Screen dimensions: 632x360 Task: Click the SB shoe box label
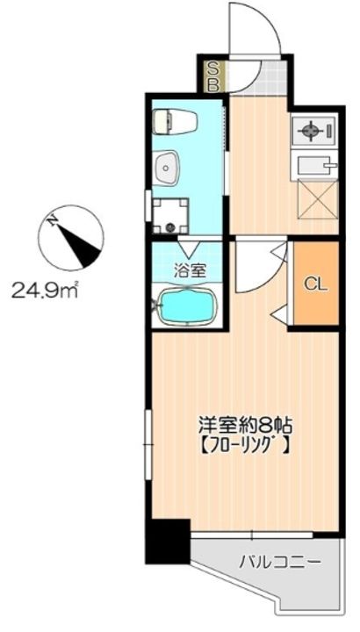211,75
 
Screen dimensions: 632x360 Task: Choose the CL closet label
315,283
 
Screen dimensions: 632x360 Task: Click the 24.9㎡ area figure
45,288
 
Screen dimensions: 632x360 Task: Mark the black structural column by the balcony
167,541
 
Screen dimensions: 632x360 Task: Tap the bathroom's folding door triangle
187,247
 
